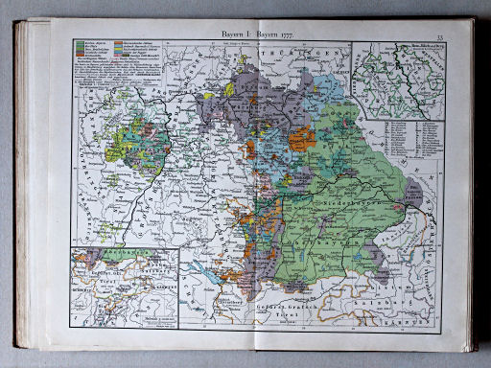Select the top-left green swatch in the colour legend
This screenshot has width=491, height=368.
point(79,44)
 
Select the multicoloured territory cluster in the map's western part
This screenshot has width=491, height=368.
point(139,144)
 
